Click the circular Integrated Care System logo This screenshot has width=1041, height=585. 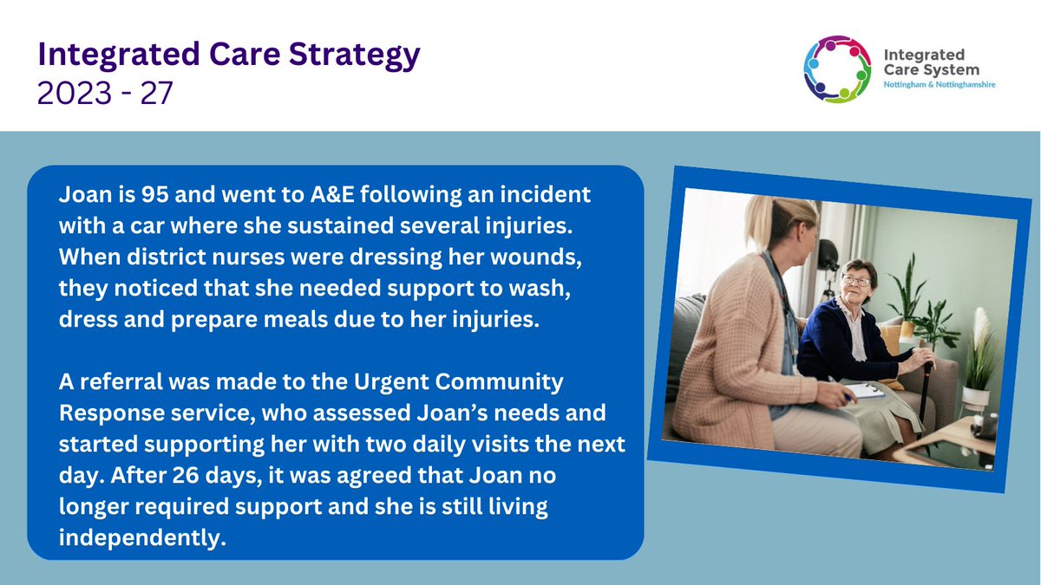(837, 69)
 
